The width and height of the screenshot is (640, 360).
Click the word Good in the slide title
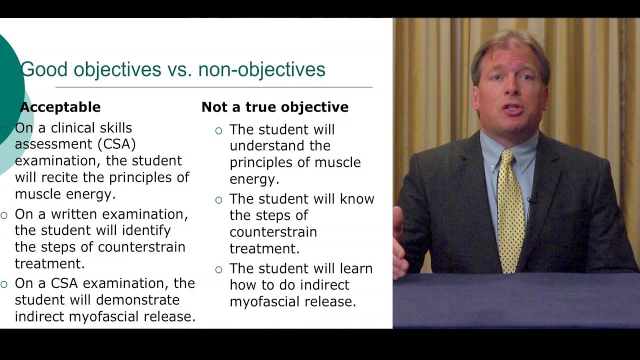coord(43,69)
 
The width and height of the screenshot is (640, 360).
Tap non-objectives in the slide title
coord(261,69)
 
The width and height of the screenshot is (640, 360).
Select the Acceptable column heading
coord(60,107)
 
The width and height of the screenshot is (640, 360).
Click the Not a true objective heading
coord(274,107)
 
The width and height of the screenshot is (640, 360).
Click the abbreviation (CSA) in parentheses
coord(116,144)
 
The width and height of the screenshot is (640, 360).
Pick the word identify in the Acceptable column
coord(147,230)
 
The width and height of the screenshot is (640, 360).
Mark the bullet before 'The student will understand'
coord(218,131)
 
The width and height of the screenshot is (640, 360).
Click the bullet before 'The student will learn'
coord(218,270)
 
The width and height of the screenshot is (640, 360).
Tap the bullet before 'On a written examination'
coord(4,215)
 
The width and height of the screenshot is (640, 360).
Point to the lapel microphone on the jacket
coord(531,199)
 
